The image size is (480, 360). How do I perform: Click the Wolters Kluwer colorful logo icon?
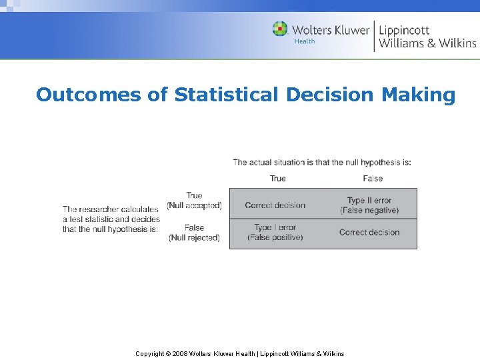280,29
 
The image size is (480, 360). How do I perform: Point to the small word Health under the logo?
305,41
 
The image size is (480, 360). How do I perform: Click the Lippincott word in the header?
404,30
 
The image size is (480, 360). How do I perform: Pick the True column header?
278,178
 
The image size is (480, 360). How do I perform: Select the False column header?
373,178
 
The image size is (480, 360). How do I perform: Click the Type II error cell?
369,205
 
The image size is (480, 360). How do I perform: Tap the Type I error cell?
275,232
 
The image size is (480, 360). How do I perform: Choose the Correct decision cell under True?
275,205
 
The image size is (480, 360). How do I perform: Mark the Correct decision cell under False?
369,232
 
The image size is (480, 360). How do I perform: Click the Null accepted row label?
194,205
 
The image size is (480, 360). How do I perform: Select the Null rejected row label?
194,237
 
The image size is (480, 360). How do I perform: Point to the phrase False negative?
369,211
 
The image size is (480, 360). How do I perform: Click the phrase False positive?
275,237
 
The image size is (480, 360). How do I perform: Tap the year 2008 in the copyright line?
180,353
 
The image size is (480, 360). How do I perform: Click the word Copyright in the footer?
150,353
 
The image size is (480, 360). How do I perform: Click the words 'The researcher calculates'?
111,209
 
